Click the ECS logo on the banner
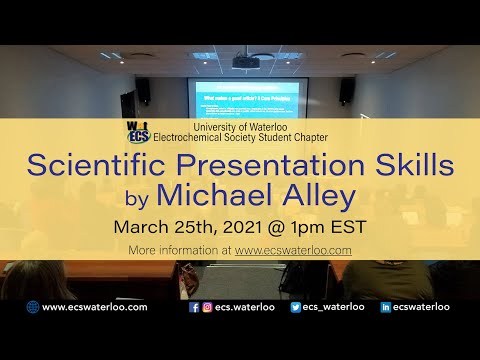139,131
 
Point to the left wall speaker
142,92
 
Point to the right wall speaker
346,91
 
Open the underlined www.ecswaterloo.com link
293,250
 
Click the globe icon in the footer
32,308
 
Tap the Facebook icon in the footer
194,308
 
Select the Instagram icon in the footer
207,308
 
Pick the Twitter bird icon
296,308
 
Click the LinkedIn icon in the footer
386,308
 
